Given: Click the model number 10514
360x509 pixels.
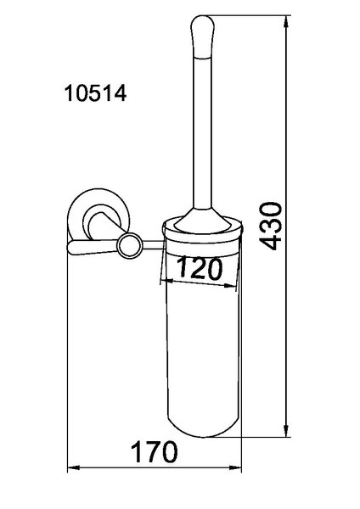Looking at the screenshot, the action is (96, 93).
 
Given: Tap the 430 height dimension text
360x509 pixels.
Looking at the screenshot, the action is (270, 226).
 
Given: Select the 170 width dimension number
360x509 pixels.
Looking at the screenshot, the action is (155, 452).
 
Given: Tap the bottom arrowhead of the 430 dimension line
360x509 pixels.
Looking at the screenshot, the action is (286, 430).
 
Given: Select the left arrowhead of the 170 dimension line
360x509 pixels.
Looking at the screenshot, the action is (73, 467).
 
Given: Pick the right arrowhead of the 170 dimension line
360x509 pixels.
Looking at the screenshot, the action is (235, 467).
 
